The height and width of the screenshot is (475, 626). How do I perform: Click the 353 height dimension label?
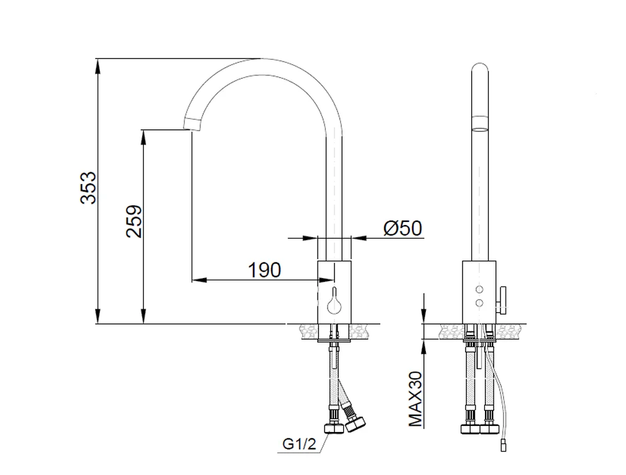click(x=88, y=188)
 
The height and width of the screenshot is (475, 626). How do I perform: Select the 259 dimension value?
click(x=134, y=221)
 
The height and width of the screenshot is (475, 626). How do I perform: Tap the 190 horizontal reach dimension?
click(x=265, y=270)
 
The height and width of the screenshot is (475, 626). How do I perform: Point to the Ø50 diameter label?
click(x=403, y=228)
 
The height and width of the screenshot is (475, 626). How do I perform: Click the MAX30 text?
click(x=416, y=399)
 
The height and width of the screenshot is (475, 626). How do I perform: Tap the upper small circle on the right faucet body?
click(x=479, y=289)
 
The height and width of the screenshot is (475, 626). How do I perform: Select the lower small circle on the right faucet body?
click(x=479, y=303)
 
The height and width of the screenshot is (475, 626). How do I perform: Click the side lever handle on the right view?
click(x=502, y=300)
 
